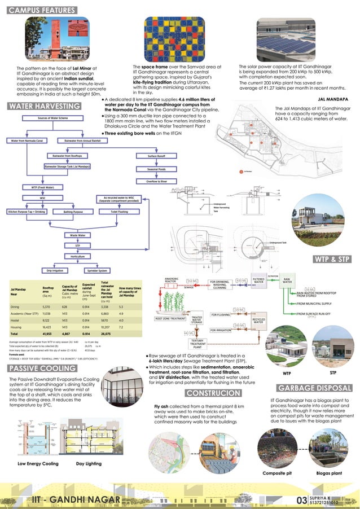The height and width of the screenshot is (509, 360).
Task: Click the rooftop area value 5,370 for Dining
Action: [x=46, y=306]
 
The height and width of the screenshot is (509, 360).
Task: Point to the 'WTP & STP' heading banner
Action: [x=332, y=259]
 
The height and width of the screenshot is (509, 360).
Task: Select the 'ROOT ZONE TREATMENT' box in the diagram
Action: [x=170, y=319]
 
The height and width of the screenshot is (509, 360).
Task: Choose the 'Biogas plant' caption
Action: [x=328, y=473]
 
